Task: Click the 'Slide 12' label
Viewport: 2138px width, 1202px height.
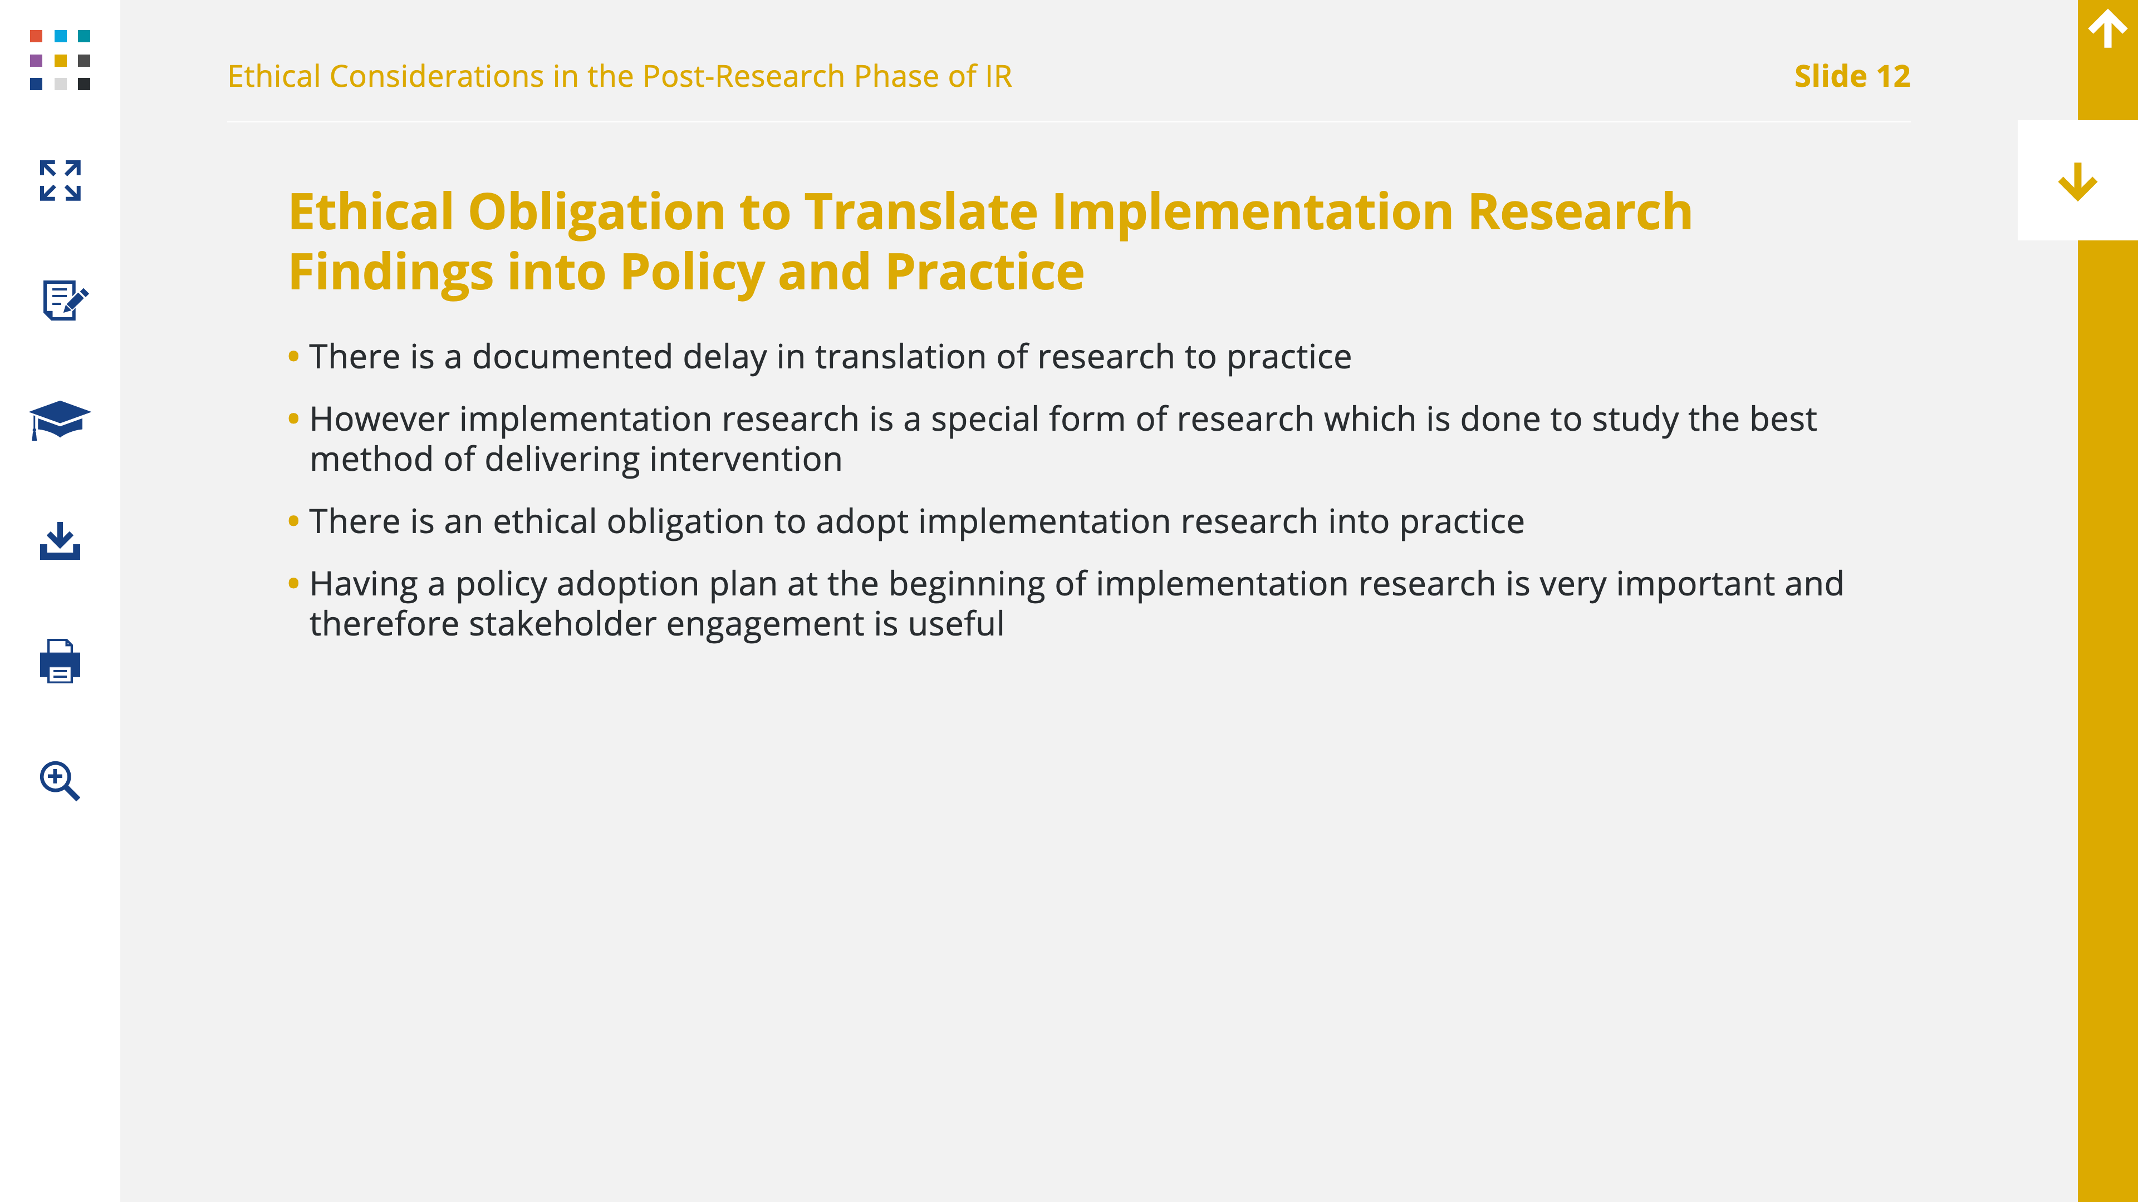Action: [1852, 76]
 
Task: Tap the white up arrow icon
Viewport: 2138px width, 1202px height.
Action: [2107, 28]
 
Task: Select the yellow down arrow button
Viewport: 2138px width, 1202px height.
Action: [2077, 181]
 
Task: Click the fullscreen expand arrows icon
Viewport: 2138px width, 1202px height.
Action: [60, 181]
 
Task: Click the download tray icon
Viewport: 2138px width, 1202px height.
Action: [60, 541]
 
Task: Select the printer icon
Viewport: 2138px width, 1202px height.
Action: [60, 661]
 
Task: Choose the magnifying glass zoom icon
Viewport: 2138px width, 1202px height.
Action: [60, 781]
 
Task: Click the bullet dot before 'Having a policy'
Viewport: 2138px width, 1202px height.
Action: [293, 583]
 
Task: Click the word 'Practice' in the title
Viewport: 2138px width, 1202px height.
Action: [984, 272]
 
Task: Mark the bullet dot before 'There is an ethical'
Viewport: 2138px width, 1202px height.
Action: [293, 521]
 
